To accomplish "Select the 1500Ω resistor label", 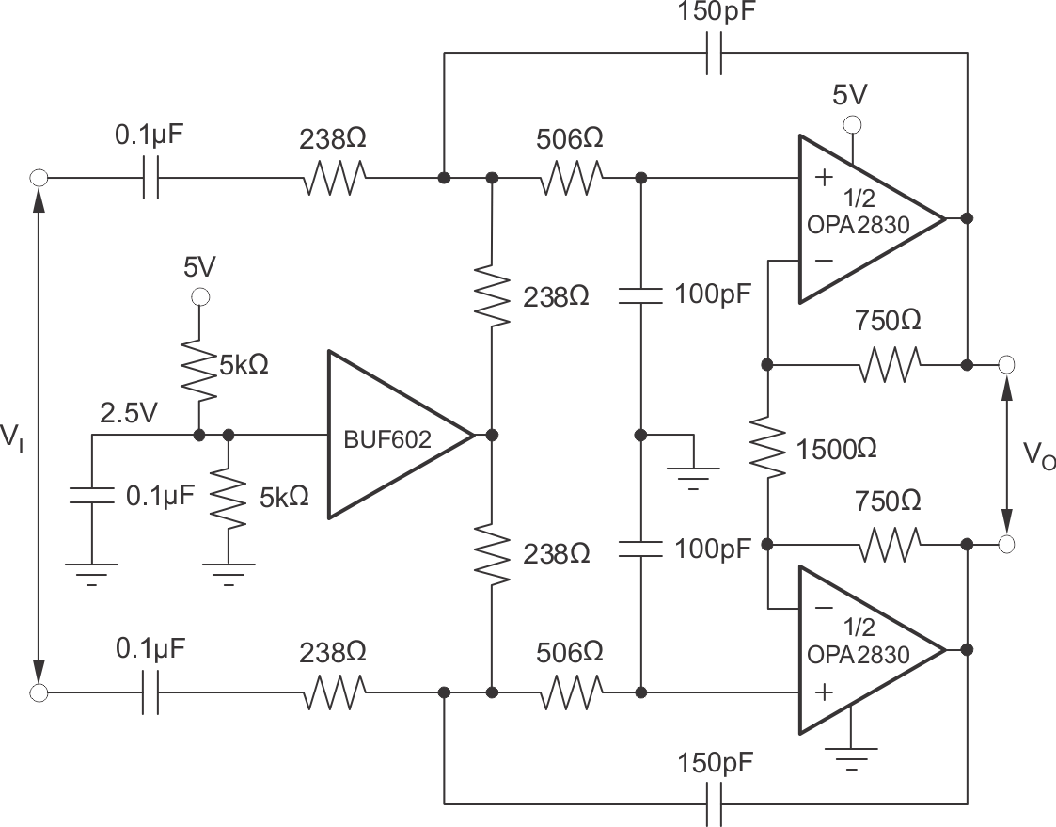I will click(836, 449).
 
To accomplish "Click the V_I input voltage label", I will click(13, 436).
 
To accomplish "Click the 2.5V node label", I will click(129, 414).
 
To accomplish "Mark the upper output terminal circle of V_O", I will click(1006, 363).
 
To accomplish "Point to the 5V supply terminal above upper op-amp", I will click(852, 123).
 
